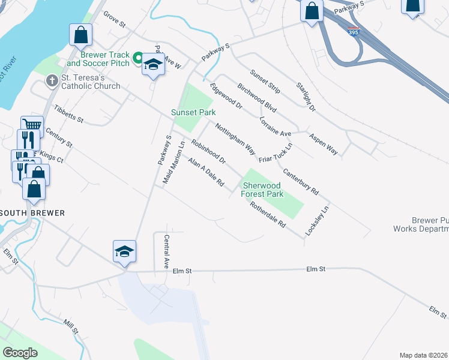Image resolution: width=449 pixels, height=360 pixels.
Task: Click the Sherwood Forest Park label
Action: pyautogui.click(x=262, y=190)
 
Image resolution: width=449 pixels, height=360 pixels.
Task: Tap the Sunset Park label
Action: pyautogui.click(x=193, y=112)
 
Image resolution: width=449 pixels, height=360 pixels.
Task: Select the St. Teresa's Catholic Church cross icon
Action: pyautogui.click(x=52, y=80)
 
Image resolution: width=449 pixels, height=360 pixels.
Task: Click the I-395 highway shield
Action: pyautogui.click(x=354, y=32)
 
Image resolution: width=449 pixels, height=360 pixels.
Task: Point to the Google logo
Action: pyautogui.click(x=20, y=353)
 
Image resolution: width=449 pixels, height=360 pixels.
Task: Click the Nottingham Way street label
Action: pyautogui.click(x=235, y=139)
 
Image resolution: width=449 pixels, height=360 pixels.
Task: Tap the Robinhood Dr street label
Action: pyautogui.click(x=208, y=152)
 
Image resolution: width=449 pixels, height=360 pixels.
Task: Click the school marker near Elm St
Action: pyautogui.click(x=124, y=251)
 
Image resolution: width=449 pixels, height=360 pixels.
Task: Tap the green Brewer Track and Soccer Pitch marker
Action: pyautogui.click(x=137, y=58)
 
